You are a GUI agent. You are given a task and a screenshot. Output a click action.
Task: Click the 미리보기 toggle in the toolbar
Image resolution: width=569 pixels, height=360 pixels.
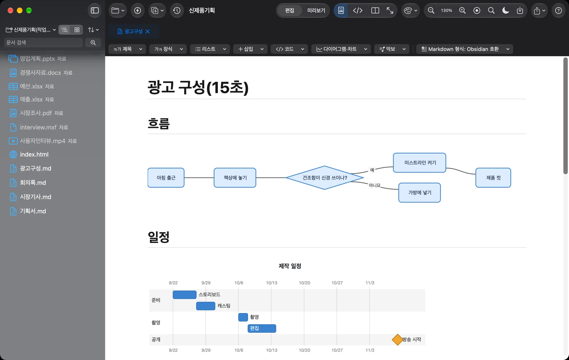point(316,11)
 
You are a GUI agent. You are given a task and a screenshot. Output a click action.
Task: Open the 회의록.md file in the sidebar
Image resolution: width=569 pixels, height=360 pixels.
point(33,183)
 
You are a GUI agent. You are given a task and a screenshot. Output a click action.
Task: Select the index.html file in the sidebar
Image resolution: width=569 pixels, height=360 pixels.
point(34,154)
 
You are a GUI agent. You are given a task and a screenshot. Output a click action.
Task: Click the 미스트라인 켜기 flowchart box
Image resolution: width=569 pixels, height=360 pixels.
point(420,163)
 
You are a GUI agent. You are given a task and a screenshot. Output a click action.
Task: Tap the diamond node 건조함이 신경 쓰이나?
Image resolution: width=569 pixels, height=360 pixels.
point(325,178)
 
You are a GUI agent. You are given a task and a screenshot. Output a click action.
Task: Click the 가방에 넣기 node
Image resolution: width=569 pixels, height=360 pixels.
point(420,193)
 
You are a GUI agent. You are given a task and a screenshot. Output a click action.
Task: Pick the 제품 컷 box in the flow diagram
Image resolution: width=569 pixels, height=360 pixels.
point(493,178)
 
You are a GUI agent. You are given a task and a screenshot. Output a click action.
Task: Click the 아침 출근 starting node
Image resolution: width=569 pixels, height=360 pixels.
point(166,178)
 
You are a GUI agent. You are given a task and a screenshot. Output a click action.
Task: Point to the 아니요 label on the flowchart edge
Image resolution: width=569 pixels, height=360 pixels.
point(374,185)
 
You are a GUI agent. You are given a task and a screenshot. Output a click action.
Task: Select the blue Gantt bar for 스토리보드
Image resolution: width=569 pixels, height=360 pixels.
point(185,295)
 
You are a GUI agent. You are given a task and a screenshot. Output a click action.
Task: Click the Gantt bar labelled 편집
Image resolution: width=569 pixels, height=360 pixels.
point(262,328)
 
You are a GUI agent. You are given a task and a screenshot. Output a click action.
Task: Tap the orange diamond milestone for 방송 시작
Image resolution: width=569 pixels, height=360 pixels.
point(397,340)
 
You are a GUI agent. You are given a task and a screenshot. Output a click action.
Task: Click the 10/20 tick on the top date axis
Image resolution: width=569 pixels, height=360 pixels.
point(304,283)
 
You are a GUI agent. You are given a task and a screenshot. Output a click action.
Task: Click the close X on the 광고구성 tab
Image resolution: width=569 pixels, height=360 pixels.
point(147,31)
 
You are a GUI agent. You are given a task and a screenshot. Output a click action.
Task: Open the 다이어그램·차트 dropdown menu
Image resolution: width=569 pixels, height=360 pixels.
point(341,49)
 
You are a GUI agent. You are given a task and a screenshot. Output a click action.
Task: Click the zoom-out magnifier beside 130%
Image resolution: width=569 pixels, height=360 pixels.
point(431,11)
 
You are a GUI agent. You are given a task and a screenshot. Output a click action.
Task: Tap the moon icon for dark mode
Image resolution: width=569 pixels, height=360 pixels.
point(506,11)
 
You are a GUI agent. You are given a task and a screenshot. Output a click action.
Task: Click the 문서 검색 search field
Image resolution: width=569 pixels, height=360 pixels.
point(44,42)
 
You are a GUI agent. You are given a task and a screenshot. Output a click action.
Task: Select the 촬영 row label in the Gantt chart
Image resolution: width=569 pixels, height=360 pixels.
point(156,322)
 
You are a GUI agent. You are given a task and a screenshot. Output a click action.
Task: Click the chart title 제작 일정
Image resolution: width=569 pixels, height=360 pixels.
point(290,266)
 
